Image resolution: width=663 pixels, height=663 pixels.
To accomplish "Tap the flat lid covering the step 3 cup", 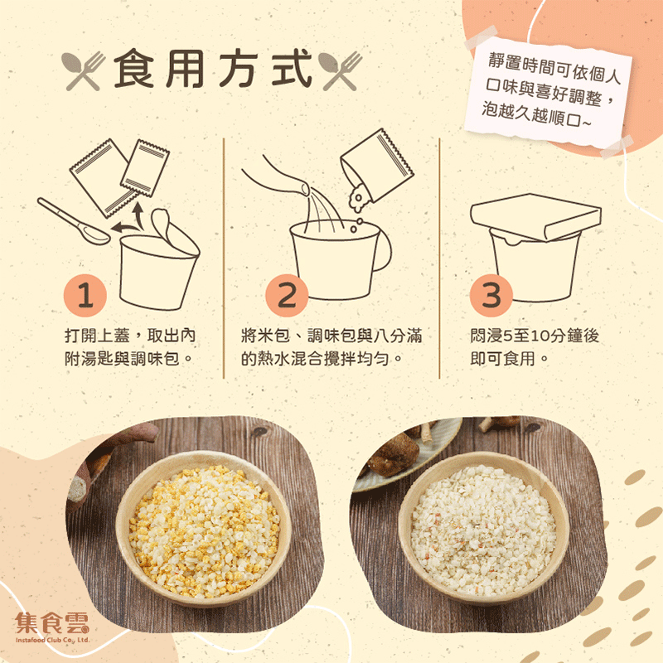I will coord(535,216).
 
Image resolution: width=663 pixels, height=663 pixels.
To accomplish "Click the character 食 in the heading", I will coord(135,70).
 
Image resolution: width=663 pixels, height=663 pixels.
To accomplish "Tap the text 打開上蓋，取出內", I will coord(131,336).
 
